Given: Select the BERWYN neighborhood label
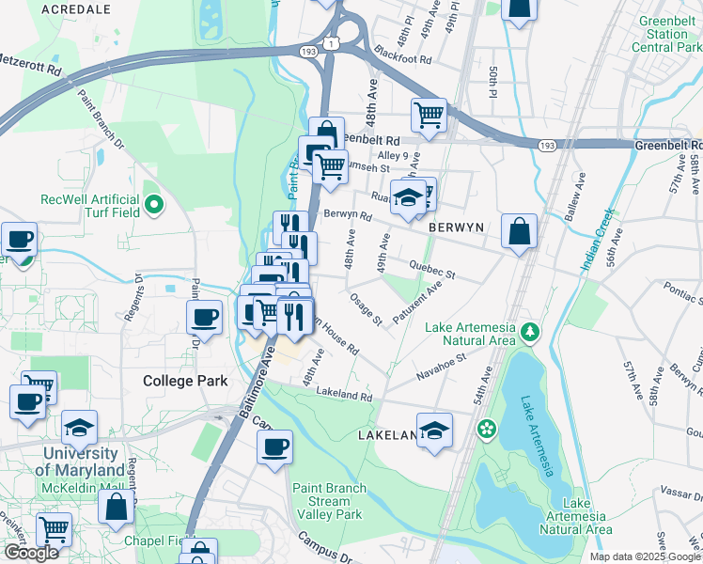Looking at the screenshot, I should (x=456, y=228).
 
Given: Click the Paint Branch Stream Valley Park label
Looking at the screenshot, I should (x=327, y=501).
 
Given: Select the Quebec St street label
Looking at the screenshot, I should (x=433, y=270).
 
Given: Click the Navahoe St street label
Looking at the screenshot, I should (x=443, y=360).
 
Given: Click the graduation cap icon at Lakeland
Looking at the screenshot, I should (x=434, y=431).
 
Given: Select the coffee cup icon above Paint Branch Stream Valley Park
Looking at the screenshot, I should (x=274, y=447).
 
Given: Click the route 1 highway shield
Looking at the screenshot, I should (x=330, y=43).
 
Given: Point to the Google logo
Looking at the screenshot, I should (x=31, y=553).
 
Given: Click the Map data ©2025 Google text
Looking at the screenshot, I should (x=645, y=556).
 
